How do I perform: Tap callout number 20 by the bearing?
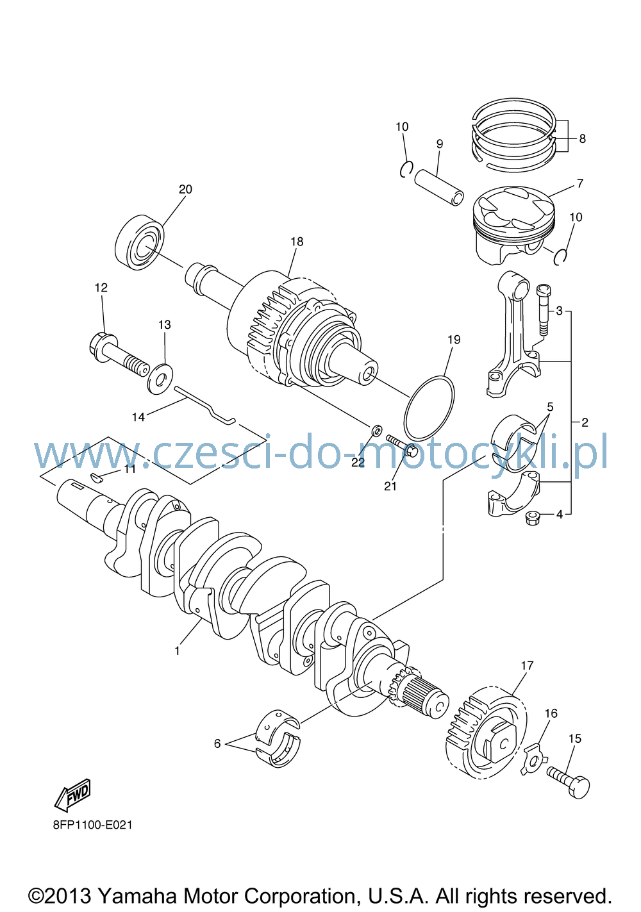185,189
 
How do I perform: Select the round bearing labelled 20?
140,242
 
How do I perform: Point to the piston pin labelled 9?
439,188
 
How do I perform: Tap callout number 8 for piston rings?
583,139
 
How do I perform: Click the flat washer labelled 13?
160,379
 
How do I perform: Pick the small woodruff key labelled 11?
97,477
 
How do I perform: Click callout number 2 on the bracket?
585,422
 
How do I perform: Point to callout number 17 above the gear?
527,666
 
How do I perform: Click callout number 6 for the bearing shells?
217,744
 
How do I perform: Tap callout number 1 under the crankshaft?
177,651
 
